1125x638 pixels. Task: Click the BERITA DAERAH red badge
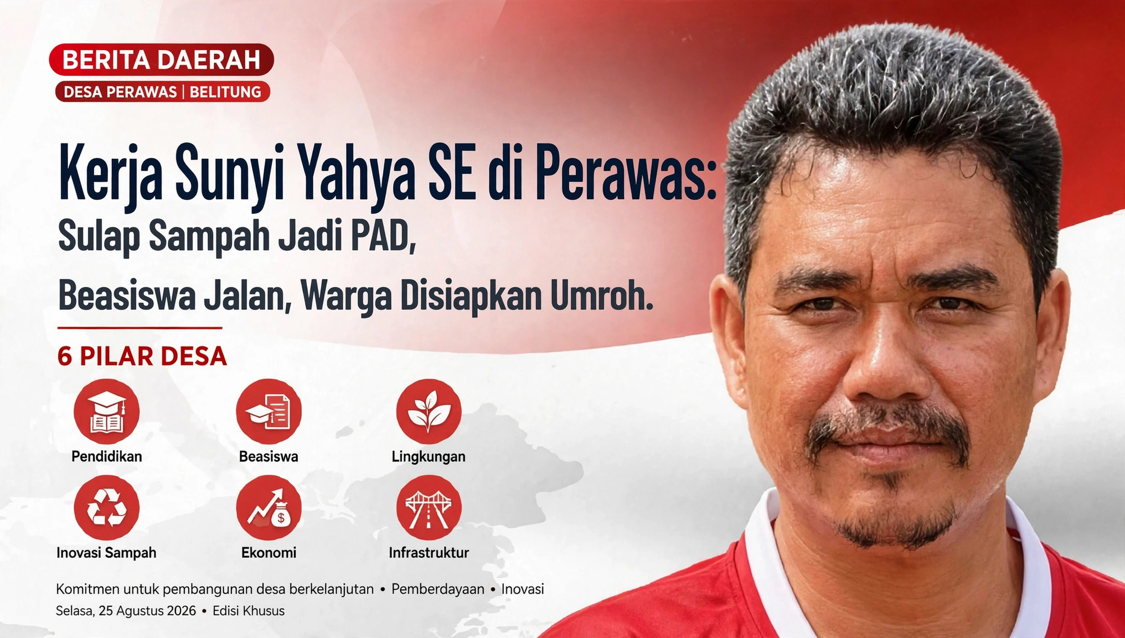pyautogui.click(x=161, y=60)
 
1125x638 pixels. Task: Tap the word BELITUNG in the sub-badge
pyautogui.click(x=225, y=92)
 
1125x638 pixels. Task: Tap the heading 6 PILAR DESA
pyautogui.click(x=142, y=356)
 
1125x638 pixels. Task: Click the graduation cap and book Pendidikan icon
pyautogui.click(x=107, y=411)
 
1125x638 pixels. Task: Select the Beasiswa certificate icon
pyautogui.click(x=269, y=411)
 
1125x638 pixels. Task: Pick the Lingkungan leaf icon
pyautogui.click(x=429, y=411)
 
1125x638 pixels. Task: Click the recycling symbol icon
pyautogui.click(x=107, y=508)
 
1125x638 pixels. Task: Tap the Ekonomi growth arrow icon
pyautogui.click(x=269, y=508)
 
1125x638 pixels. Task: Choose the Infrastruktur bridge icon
pyautogui.click(x=429, y=508)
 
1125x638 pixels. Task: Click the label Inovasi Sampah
pyautogui.click(x=106, y=553)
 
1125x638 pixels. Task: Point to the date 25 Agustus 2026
pyautogui.click(x=147, y=611)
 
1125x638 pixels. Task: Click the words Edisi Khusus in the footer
pyautogui.click(x=249, y=611)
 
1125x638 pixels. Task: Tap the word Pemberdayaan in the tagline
pyautogui.click(x=438, y=589)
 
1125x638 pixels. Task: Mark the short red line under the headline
pyautogui.click(x=140, y=328)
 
